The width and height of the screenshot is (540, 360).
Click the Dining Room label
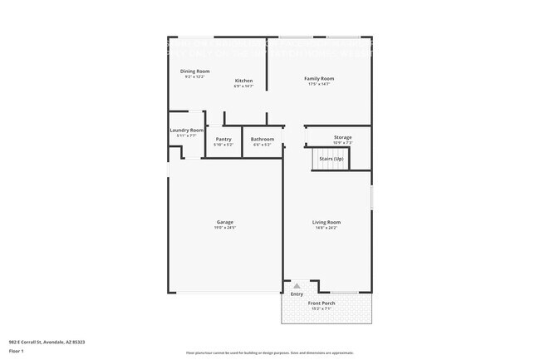(195, 72)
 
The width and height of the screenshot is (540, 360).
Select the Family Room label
(319, 78)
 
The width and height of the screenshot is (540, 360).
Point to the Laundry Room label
(187, 130)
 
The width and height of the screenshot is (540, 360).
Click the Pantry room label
(223, 139)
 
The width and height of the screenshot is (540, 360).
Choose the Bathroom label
(263, 139)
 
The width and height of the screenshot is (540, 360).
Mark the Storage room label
(343, 137)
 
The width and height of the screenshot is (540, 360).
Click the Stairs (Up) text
(331, 157)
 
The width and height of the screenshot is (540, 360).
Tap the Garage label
(225, 222)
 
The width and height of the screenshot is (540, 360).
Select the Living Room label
(326, 222)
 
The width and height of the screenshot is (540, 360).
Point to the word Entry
(297, 294)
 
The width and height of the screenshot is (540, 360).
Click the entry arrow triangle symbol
(296, 284)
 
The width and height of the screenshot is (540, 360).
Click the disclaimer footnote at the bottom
(270, 353)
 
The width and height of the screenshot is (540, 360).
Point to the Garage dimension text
(225, 227)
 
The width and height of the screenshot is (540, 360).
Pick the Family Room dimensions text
(319, 84)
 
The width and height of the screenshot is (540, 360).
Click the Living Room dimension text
(326, 227)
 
